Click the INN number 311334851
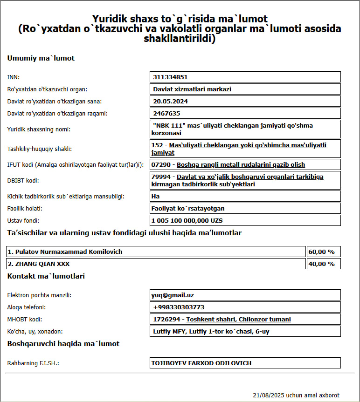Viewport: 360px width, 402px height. [170, 77]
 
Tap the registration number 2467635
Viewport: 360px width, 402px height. [166, 113]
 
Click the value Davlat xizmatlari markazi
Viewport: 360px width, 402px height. [192, 89]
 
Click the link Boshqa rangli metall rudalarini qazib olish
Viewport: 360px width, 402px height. [241, 165]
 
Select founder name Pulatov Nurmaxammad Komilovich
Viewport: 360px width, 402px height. [69, 252]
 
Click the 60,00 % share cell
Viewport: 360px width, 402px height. [322, 252]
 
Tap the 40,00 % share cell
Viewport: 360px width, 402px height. [322, 264]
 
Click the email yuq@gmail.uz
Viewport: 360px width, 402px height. [173, 295]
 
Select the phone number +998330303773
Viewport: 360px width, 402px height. [179, 307]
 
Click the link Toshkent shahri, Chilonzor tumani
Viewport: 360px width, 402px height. [238, 319]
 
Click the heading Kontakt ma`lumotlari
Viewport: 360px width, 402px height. [46, 276]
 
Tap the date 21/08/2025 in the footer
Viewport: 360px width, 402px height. [269, 395]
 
